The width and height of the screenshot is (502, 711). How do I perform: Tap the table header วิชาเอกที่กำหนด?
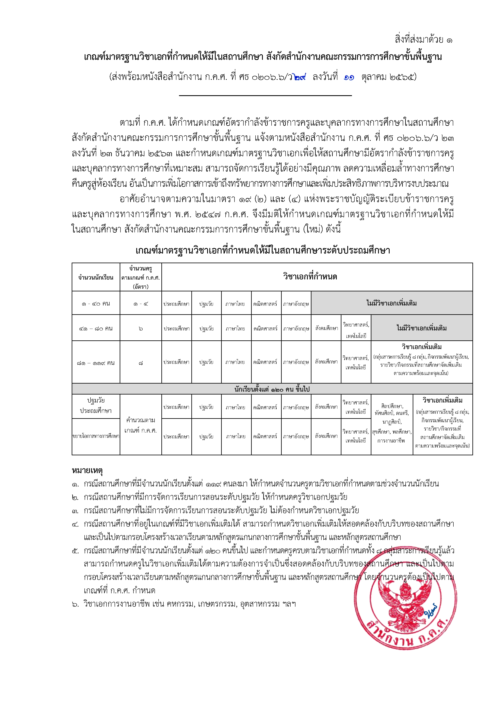point(310,277)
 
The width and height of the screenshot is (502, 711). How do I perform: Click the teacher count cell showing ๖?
point(141,328)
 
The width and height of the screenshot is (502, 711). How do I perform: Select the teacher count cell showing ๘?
point(141,363)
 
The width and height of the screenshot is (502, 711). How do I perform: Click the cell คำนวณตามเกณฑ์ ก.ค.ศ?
point(141,425)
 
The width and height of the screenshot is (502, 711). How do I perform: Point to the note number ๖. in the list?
point(76,604)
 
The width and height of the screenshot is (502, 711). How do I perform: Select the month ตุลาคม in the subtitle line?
point(374,77)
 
